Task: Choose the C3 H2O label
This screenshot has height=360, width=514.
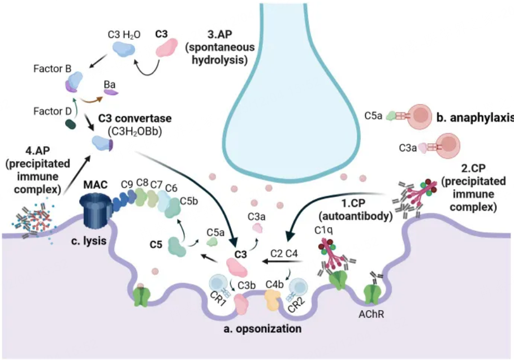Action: (x=123, y=34)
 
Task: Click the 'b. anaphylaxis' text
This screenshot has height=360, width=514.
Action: (x=474, y=118)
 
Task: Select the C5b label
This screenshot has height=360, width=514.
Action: (x=188, y=201)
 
